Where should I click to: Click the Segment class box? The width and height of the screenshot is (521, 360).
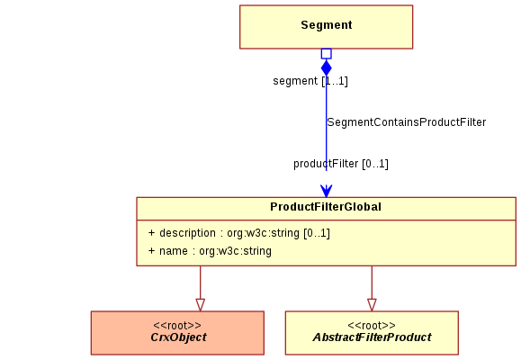(x=327, y=27)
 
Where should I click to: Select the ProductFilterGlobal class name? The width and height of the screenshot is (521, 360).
(x=326, y=207)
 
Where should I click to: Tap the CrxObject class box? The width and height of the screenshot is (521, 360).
(x=177, y=333)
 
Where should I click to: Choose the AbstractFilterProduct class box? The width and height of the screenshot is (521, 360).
(x=372, y=333)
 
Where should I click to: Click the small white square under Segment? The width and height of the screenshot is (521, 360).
(x=327, y=54)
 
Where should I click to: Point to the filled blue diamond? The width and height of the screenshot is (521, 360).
(x=327, y=67)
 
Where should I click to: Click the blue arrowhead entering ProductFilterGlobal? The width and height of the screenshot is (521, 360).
(x=327, y=191)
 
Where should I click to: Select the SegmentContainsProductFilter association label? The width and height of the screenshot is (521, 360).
(x=407, y=122)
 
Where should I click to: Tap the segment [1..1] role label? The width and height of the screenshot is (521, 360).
(x=310, y=81)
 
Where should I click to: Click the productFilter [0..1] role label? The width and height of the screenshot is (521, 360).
(x=340, y=164)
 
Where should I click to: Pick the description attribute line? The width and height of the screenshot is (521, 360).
(x=238, y=233)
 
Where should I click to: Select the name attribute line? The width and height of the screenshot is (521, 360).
(x=210, y=251)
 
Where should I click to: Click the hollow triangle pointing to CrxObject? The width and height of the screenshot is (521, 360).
(x=201, y=305)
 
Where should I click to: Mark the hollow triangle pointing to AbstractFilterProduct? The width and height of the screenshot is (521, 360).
(x=372, y=305)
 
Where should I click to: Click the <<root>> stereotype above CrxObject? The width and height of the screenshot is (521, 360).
(x=177, y=325)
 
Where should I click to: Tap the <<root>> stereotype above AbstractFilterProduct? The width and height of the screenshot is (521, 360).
(x=372, y=325)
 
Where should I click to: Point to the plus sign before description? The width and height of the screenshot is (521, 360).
(x=151, y=233)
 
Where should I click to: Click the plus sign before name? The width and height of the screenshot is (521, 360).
(x=151, y=250)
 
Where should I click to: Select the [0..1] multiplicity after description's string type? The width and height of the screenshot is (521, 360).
(x=317, y=233)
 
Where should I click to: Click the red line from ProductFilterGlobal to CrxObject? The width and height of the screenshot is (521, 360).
(x=201, y=283)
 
